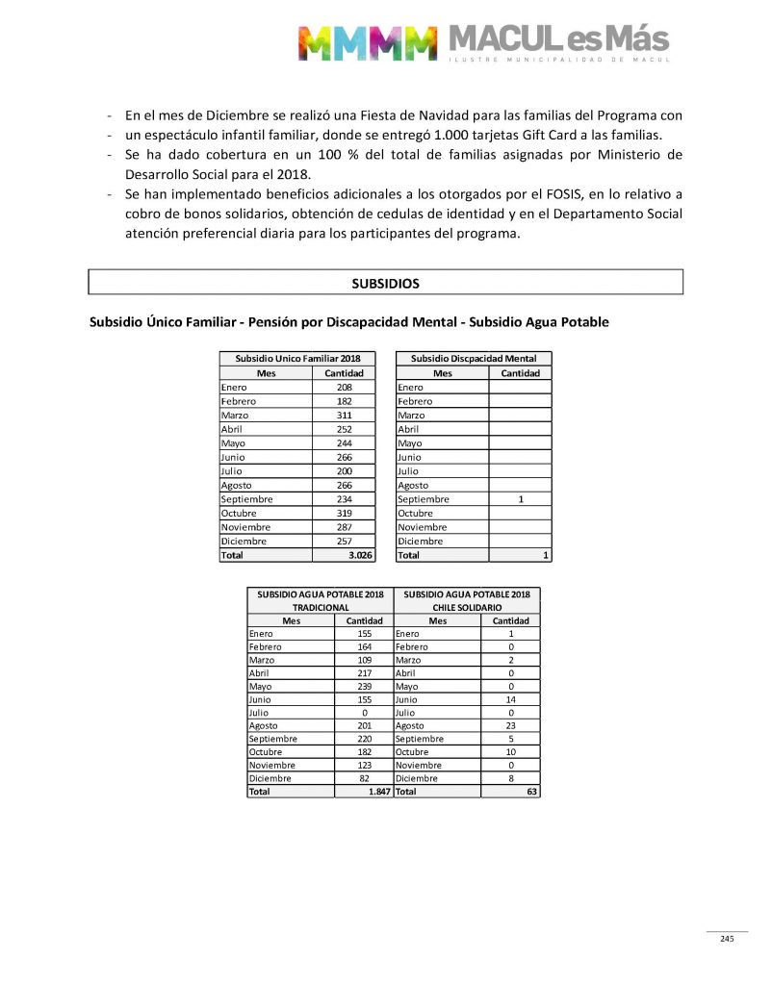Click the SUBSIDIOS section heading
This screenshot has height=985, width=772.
pos(385,284)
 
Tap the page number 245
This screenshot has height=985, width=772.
pos(727,939)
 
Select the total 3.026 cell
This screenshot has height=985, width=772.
pos(360,555)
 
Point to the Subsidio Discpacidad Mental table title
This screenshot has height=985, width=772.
pos(474,358)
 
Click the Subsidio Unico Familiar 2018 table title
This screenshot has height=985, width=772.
pos(296,358)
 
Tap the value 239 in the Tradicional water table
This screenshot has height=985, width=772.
pos(364,687)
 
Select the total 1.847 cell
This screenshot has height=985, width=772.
pos(377,792)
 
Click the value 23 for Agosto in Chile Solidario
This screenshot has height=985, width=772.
pos(510,726)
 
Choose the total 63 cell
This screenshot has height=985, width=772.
pos(531,792)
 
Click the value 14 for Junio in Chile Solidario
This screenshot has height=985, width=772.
pos(510,700)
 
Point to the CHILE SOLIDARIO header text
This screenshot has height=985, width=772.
pos(467,608)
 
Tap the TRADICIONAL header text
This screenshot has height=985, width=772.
pos(320,608)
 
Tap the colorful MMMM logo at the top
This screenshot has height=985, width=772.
pos(367,41)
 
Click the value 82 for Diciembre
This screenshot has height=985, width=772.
pos(364,778)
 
